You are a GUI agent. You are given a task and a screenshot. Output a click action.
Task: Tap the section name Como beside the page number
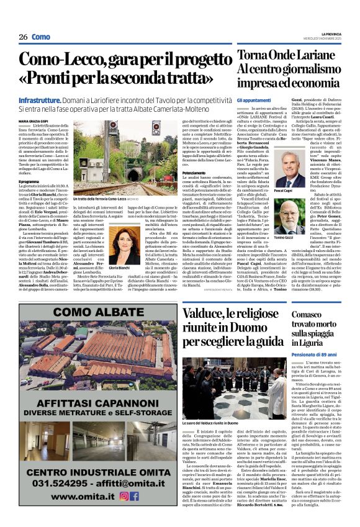coord(42,37)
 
